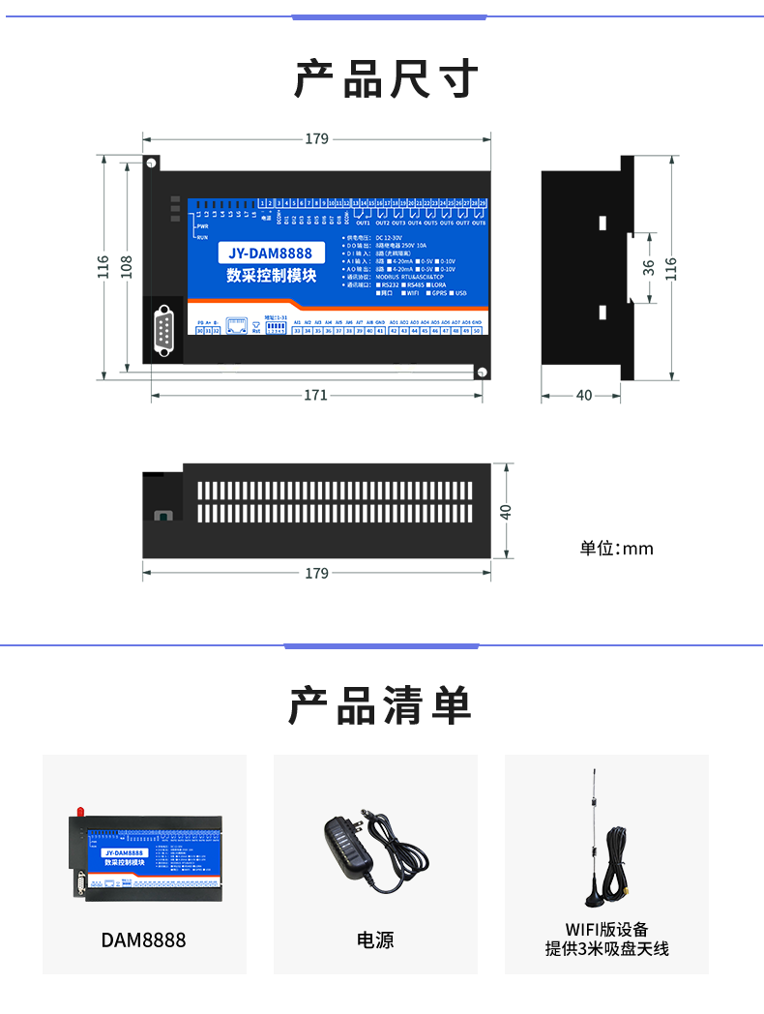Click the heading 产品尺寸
[386, 78]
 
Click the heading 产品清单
[380, 705]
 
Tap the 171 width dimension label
[315, 395]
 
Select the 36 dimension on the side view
[648, 266]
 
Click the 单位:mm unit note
[616, 549]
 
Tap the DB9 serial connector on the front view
[164, 329]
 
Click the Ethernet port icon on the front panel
[238, 324]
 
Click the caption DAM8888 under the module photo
[143, 939]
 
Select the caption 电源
[375, 939]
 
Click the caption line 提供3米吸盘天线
[606, 949]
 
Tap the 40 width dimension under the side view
[583, 395]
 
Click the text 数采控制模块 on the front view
[272, 275]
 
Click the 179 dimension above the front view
[316, 138]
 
